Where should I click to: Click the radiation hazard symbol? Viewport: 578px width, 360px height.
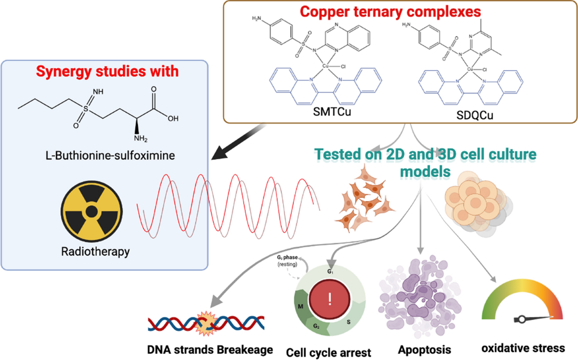(92, 211)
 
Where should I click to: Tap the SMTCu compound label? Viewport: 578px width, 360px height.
(332, 112)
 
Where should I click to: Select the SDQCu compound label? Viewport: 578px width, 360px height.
(474, 115)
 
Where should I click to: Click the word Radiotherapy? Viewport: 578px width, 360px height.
(95, 251)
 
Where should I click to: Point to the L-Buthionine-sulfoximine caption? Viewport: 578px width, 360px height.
(110, 155)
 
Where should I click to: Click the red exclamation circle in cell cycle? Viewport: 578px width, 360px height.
(329, 299)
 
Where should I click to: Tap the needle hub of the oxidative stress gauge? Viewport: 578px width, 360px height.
(522, 320)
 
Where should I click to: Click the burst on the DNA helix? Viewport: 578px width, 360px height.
(206, 323)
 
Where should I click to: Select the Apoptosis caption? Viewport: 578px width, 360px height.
(424, 350)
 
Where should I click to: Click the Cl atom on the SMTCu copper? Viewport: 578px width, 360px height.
(343, 66)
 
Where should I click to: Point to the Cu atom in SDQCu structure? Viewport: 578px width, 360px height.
(470, 69)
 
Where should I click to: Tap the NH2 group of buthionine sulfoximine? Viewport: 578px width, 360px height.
(141, 139)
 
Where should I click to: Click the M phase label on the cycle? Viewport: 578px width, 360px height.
(301, 307)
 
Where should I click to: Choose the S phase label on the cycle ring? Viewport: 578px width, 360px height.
(349, 322)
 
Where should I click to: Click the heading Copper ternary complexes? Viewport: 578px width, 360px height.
(391, 12)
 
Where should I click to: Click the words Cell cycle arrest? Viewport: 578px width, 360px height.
(328, 352)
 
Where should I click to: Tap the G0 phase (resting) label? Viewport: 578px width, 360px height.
(287, 261)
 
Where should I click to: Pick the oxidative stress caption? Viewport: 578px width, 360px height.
(523, 348)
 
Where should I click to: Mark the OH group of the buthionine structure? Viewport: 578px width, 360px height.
(173, 118)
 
